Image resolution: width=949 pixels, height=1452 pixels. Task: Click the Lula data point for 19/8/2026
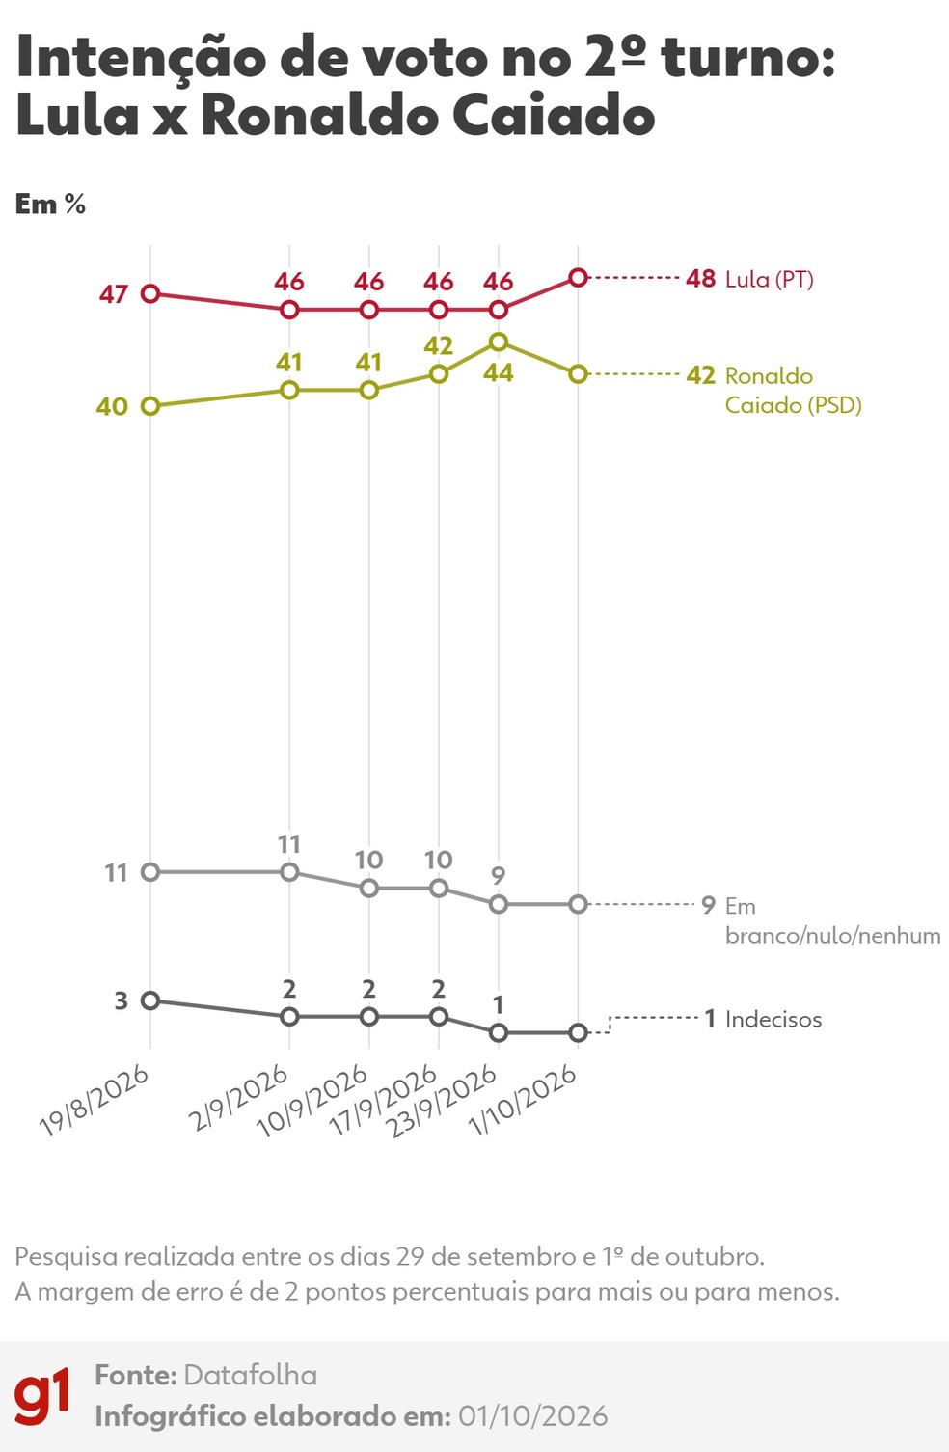click(150, 293)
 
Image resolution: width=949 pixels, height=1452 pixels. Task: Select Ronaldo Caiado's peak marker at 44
click(499, 342)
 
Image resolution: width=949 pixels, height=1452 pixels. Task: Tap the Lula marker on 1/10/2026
click(578, 278)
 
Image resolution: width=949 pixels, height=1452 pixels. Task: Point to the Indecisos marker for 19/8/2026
click(150, 1000)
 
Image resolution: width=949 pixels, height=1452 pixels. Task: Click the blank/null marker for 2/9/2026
click(289, 872)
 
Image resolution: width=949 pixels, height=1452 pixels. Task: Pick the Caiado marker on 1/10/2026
click(578, 374)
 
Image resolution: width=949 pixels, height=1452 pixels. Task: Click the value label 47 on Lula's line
click(114, 295)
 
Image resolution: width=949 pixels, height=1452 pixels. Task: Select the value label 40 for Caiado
click(112, 407)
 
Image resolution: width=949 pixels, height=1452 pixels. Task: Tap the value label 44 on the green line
click(499, 372)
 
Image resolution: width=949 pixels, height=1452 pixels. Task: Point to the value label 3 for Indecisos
click(122, 1001)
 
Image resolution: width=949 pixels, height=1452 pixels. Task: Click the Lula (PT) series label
click(769, 280)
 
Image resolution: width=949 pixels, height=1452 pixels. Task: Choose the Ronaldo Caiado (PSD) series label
click(793, 390)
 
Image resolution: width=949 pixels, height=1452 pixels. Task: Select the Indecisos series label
click(773, 1020)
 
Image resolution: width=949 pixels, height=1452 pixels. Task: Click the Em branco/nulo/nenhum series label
click(832, 920)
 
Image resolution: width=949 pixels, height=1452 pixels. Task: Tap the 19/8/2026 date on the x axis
click(95, 1102)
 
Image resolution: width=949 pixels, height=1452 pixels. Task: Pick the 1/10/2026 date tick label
click(523, 1101)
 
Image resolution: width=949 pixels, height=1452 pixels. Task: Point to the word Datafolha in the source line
click(251, 1375)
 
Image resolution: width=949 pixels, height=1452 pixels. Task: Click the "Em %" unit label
click(50, 205)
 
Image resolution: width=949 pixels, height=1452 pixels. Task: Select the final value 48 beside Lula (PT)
click(701, 279)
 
